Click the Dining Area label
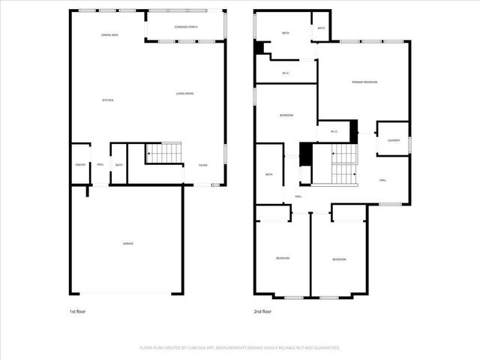pyautogui.click(x=111, y=35)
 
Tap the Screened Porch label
pyautogui.click(x=186, y=27)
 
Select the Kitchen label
pyautogui.click(x=108, y=100)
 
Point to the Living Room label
pyautogui.click(x=184, y=93)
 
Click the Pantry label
pyautogui.click(x=80, y=164)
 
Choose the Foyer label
pyautogui.click(x=202, y=165)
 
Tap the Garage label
pyautogui.click(x=128, y=243)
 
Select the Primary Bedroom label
pyautogui.click(x=364, y=82)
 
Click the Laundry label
pyautogui.click(x=394, y=140)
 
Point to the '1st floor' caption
pyautogui.click(x=77, y=310)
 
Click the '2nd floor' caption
pyautogui.click(x=262, y=310)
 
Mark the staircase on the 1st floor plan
pyautogui.click(x=164, y=153)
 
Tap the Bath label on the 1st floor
pyautogui.click(x=118, y=164)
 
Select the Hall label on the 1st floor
pyautogui.click(x=100, y=164)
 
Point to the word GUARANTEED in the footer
pyautogui.click(x=325, y=348)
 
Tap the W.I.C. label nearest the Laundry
pyautogui.click(x=334, y=132)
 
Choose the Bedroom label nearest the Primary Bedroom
pyautogui.click(x=286, y=115)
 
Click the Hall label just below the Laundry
pyautogui.click(x=382, y=180)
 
